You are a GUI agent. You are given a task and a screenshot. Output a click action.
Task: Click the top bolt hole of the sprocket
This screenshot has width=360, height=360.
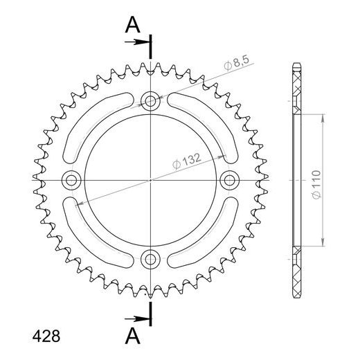click(x=150, y=101)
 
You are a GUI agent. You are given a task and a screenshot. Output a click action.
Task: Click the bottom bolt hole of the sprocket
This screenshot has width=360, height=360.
click(x=150, y=260)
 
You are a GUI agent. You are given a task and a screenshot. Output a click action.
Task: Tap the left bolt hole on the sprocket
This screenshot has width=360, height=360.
click(x=71, y=180)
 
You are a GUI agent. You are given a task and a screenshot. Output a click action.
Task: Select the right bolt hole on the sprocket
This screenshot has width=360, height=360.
click(x=229, y=180)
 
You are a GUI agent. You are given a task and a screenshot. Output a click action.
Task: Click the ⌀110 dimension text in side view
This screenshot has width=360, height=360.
click(x=315, y=181)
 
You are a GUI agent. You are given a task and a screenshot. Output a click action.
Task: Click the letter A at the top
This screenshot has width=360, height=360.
click(x=133, y=26)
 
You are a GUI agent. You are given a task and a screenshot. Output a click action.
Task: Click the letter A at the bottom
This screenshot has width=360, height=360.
click(x=133, y=336)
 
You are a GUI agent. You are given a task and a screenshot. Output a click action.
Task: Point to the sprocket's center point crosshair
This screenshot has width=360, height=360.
click(x=150, y=180)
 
